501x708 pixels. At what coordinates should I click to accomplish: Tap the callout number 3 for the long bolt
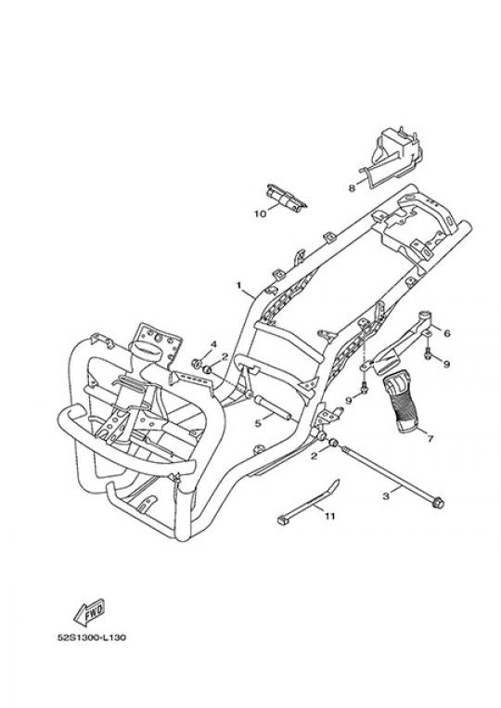(386, 496)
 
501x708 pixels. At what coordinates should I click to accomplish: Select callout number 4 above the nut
(213, 344)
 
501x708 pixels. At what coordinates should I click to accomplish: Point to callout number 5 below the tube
(258, 423)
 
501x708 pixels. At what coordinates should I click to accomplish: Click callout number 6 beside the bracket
(447, 333)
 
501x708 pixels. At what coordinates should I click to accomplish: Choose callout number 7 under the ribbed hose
(430, 438)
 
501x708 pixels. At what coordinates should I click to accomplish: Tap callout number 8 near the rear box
(352, 188)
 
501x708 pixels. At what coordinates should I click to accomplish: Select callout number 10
(261, 213)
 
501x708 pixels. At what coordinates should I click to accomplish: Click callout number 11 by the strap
(330, 515)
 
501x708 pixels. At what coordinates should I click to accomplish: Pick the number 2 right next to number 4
(225, 357)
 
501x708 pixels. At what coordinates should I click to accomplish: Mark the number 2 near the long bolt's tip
(315, 456)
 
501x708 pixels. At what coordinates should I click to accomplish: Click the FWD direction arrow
(89, 612)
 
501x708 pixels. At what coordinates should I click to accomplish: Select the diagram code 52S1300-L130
(92, 637)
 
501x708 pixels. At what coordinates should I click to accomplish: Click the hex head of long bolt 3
(438, 503)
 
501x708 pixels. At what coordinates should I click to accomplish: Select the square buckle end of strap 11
(283, 521)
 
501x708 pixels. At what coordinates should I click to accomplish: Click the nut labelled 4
(197, 363)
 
